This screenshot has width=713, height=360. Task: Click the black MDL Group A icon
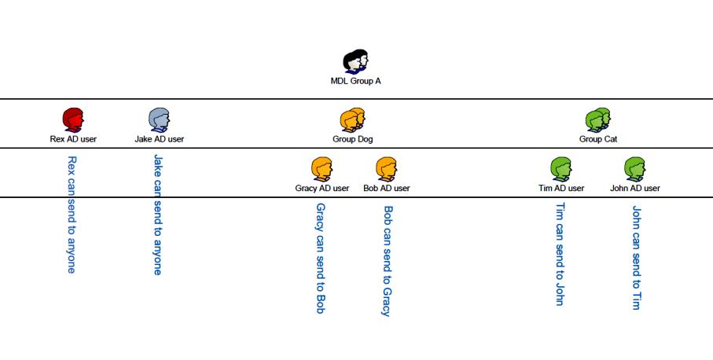356,62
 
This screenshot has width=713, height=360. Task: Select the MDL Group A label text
356,81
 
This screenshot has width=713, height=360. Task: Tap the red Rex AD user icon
73,119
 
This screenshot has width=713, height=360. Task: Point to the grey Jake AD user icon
160,119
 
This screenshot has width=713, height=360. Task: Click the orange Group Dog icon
353,119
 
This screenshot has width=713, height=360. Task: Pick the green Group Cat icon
598,119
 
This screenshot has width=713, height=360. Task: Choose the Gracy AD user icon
322,169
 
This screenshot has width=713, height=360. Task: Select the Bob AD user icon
386,169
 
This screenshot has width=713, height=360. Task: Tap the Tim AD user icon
560,169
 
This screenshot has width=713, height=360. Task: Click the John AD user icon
635,169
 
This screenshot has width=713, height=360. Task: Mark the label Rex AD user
73,139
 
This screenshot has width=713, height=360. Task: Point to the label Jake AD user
160,139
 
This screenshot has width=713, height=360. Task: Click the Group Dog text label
353,139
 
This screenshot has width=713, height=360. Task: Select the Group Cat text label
598,139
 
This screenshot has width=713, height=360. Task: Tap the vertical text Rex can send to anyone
72,214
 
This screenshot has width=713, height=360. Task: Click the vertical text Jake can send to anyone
158,214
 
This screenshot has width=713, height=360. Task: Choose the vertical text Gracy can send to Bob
321,258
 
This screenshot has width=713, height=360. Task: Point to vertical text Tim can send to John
560,254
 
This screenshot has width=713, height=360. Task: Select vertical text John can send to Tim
636,258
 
